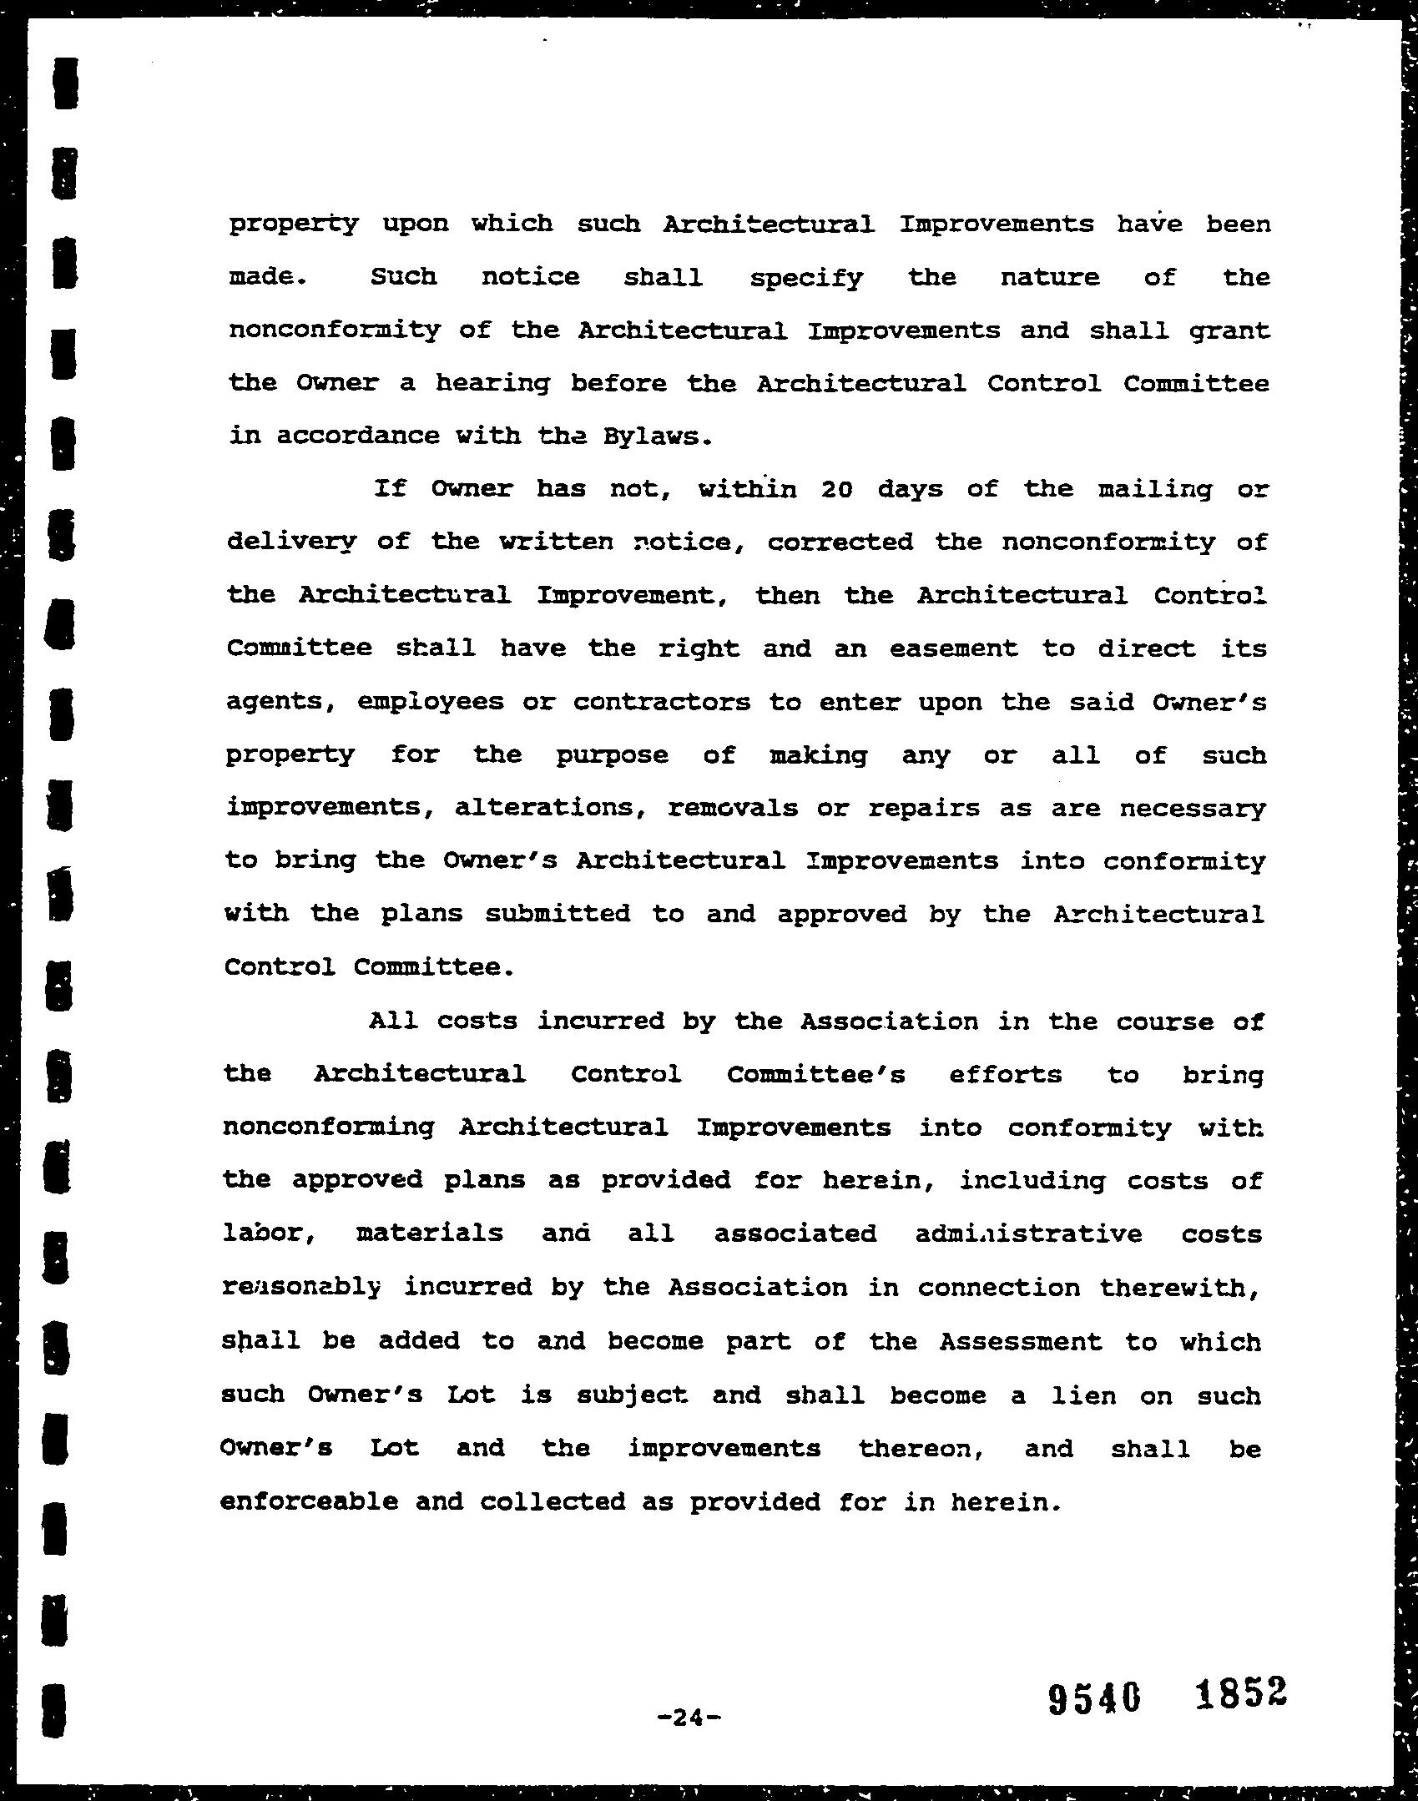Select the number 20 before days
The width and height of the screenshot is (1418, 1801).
tap(835, 489)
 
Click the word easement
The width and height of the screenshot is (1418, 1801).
tap(953, 648)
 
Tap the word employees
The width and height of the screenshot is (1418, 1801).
tap(431, 702)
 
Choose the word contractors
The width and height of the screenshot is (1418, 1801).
tap(662, 702)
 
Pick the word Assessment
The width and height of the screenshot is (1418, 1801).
tap(1020, 1341)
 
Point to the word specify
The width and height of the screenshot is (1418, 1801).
tap(806, 278)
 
